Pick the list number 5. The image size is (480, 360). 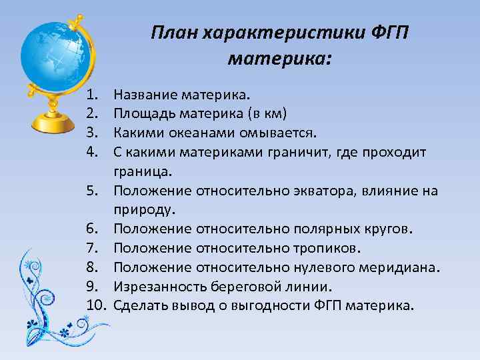coord(93,191)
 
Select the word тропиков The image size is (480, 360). coord(327,249)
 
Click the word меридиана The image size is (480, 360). coord(403,268)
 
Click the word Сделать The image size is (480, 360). coord(140,306)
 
